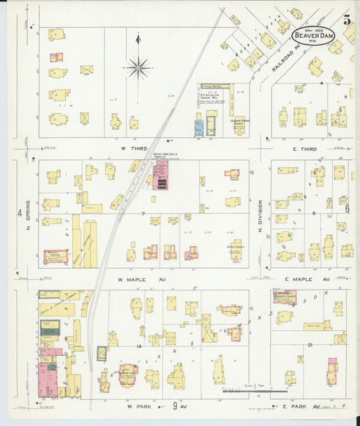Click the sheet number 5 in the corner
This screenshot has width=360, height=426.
click(347, 20)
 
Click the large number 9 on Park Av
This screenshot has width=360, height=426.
click(174, 406)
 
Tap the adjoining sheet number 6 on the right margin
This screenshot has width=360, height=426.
click(348, 209)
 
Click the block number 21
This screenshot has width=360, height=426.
click(309, 345)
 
